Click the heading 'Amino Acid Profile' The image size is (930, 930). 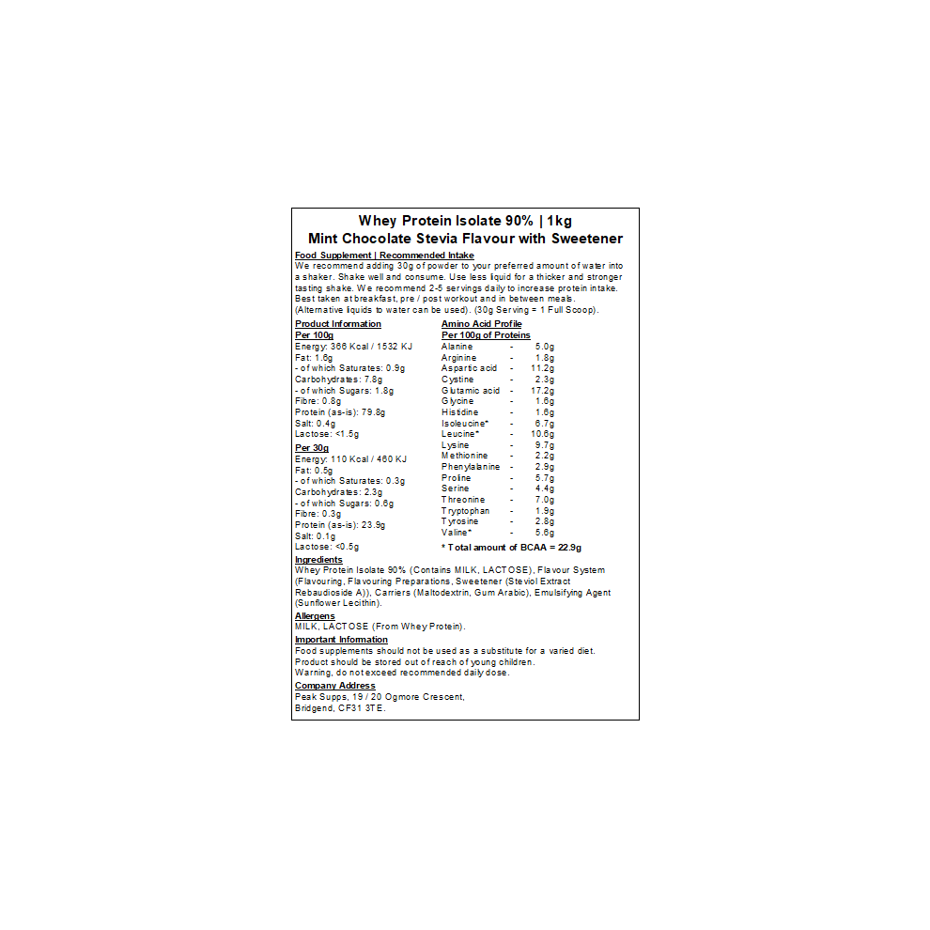481,324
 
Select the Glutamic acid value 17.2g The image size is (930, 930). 543,391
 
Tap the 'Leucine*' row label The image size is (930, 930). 460,434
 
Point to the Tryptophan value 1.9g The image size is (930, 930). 545,511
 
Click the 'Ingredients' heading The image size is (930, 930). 318,560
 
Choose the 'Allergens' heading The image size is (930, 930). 315,616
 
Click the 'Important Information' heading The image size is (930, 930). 341,640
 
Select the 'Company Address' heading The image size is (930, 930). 334,686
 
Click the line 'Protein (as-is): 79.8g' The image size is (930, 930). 340,412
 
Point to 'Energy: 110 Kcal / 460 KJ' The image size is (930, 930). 350,459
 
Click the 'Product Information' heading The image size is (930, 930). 338,324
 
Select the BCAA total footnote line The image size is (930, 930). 512,547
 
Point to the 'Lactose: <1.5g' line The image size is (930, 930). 327,434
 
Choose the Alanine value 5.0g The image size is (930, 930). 545,347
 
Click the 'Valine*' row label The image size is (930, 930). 457,533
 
